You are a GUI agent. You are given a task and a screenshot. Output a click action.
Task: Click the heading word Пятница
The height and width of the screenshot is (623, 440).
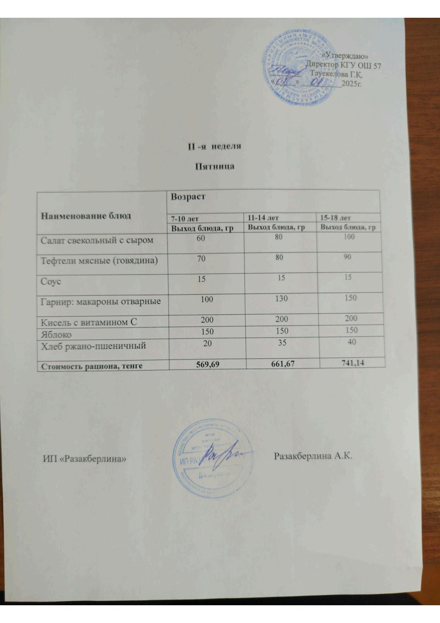[214, 166]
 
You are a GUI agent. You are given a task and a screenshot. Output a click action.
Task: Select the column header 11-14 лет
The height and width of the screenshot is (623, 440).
[263, 218]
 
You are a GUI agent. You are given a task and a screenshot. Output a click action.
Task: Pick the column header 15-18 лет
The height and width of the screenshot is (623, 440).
[336, 218]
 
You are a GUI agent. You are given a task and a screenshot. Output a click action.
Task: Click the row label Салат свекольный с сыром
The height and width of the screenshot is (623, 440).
[97, 240]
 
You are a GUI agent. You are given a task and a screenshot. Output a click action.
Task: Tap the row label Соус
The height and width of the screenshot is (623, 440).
[51, 282]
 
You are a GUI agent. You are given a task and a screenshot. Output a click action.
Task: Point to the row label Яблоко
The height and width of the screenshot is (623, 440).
[56, 334]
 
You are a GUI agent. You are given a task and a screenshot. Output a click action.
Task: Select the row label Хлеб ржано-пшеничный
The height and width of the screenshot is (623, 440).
[93, 346]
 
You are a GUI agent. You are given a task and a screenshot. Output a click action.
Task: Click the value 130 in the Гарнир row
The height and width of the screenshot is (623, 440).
[281, 298]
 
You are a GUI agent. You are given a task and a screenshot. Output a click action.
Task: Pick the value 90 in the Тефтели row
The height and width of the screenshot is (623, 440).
[346, 257]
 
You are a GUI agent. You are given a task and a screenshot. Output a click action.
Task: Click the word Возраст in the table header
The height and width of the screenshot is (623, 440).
[188, 197]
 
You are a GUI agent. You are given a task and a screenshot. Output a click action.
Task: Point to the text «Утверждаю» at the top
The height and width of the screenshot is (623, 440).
[345, 56]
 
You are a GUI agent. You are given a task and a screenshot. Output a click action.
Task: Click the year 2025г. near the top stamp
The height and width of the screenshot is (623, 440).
[351, 84]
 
